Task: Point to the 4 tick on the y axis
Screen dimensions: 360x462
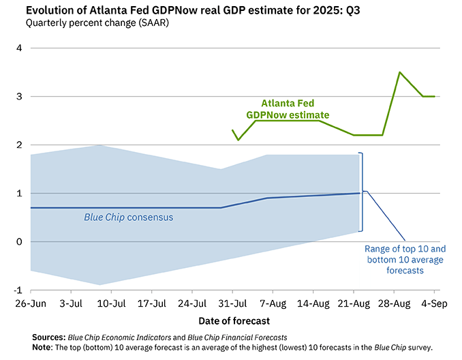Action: (x=19, y=48)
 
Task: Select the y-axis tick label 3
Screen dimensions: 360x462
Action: (x=19, y=97)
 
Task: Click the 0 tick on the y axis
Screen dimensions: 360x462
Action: (x=19, y=242)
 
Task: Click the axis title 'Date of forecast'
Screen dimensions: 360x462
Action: (x=234, y=320)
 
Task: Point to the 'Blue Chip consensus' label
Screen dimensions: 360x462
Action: (x=128, y=217)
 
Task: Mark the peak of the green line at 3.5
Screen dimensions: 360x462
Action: (x=400, y=72)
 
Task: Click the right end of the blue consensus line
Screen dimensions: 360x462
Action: (x=359, y=194)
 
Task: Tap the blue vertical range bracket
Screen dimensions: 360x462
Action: (x=363, y=192)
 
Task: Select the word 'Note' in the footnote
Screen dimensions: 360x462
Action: (x=44, y=347)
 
